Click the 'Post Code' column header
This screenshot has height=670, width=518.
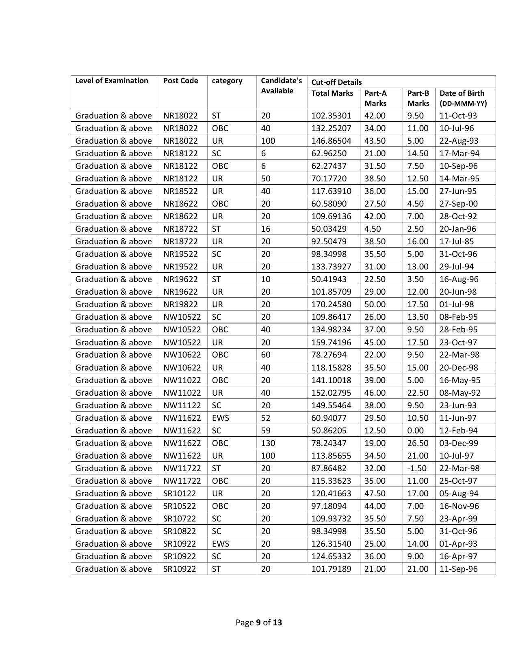pyautogui.click(x=180, y=81)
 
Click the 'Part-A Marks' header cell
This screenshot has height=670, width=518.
pyautogui.click(x=375, y=98)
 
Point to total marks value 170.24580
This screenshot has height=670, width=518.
pyautogui.click(x=331, y=304)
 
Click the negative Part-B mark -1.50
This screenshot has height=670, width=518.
pyautogui.click(x=417, y=468)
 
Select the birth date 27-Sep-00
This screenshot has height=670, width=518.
pyautogui.click(x=458, y=204)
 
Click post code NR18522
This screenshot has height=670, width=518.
pyautogui.click(x=180, y=191)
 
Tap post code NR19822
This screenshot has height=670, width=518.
pyautogui.click(x=180, y=304)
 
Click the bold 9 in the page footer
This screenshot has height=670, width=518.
pyautogui.click(x=258, y=623)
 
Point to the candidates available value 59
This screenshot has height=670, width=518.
pyautogui.click(x=265, y=431)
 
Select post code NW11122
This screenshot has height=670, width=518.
pyautogui.click(x=182, y=405)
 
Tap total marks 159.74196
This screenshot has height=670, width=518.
pyautogui.click(x=331, y=343)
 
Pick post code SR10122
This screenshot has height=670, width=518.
pyautogui.click(x=180, y=493)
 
